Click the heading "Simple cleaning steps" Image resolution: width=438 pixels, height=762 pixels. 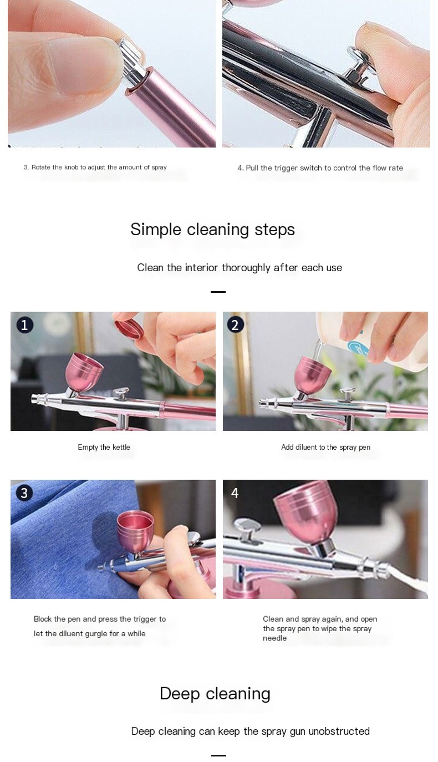click(x=212, y=230)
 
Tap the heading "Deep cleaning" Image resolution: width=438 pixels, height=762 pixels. click(x=215, y=694)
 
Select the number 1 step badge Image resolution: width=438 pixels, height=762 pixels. click(x=24, y=325)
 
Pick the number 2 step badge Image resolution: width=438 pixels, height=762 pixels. click(x=236, y=324)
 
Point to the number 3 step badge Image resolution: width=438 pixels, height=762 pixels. click(x=24, y=492)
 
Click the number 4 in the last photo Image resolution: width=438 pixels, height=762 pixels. click(x=235, y=493)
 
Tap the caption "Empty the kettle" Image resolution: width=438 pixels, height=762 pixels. click(x=104, y=448)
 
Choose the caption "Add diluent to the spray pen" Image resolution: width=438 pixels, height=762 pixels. click(x=325, y=448)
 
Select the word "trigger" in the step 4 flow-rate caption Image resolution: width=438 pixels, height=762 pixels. click(x=286, y=168)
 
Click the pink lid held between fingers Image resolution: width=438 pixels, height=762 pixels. click(x=129, y=330)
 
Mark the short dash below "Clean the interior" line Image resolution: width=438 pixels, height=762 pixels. click(x=218, y=292)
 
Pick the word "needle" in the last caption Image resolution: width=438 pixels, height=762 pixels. click(x=274, y=638)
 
